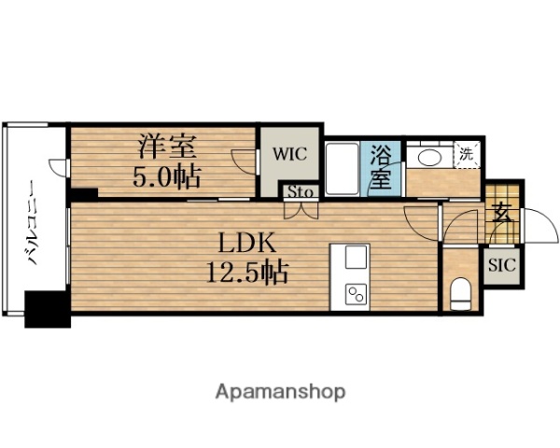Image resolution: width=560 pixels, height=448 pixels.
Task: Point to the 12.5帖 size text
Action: pos(245,273)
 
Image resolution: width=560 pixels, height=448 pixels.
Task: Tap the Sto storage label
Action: pos(300,192)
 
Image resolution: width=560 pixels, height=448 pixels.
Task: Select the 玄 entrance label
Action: pos(501,212)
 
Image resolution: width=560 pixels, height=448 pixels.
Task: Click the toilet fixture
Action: pos(460,294)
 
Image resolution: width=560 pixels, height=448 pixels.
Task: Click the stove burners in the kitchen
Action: pos(357,295)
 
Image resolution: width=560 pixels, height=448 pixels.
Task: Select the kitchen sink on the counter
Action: pos(357,257)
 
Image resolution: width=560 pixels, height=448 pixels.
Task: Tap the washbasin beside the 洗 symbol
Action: pos(430,156)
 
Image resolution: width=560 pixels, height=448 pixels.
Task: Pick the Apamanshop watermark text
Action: pos(281,391)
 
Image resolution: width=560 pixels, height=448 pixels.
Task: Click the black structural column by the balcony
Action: pos(48,309)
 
